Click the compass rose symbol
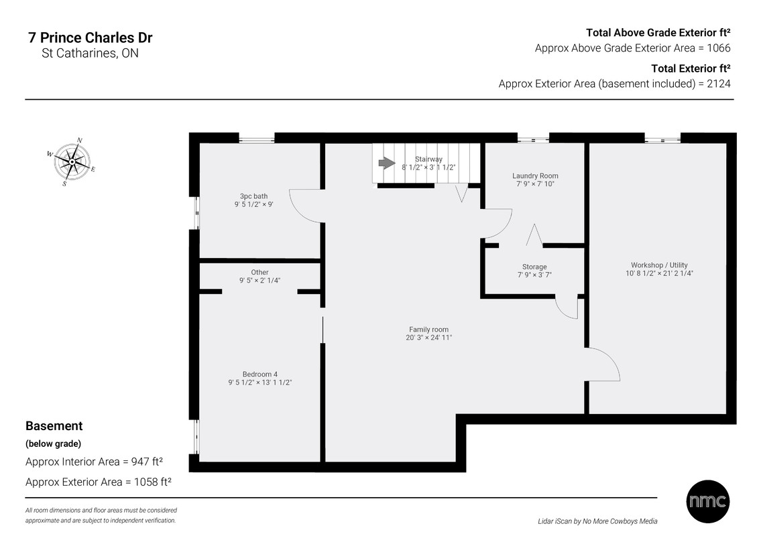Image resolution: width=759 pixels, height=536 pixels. (72, 161)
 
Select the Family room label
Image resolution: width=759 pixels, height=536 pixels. (429, 330)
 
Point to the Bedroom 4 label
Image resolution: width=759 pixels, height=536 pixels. (260, 374)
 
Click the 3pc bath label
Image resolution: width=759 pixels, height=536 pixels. (253, 196)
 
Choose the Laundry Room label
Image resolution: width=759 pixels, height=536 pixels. (535, 176)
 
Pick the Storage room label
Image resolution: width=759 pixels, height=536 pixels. (534, 267)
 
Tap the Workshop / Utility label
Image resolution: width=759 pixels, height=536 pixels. (659, 265)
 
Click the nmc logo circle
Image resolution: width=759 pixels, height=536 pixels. (708, 501)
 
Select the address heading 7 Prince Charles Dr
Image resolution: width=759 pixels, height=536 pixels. (91, 38)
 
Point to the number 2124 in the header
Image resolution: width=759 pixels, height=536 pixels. (719, 84)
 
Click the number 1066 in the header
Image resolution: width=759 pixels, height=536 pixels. (719, 48)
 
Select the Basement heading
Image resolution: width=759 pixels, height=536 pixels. (54, 425)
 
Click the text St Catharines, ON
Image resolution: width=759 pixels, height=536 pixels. (90, 53)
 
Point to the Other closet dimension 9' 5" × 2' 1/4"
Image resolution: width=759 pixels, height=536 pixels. (260, 280)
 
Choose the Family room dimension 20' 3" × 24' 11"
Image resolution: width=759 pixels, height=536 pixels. (429, 338)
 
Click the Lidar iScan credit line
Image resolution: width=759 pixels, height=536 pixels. (598, 521)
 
